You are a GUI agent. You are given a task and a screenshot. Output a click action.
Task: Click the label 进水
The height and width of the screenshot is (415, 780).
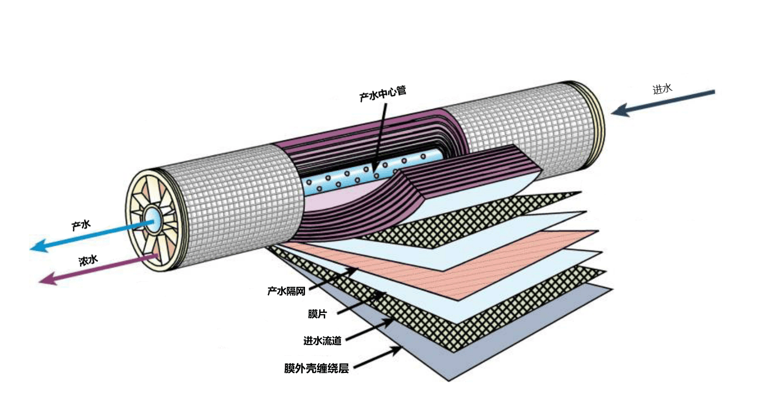(x=662, y=89)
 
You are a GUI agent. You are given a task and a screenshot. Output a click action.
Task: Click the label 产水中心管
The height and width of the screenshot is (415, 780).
(x=383, y=94)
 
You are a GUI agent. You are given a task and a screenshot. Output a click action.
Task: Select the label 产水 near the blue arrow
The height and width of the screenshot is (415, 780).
(x=81, y=225)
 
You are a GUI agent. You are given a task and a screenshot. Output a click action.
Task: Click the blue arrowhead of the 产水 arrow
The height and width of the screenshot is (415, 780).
(x=39, y=246)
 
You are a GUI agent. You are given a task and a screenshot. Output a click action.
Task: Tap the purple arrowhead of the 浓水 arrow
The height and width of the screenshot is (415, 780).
(x=48, y=279)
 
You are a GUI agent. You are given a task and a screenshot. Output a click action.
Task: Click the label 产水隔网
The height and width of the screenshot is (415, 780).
(x=286, y=291)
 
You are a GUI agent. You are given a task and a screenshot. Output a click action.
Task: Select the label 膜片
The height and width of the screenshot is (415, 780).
(x=317, y=314)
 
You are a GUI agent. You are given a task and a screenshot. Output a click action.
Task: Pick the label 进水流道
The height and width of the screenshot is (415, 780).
(x=322, y=341)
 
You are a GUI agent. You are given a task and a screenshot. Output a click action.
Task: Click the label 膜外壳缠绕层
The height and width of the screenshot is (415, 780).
(x=317, y=368)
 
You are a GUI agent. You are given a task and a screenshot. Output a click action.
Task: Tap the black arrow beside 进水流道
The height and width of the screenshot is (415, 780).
(x=370, y=329)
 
